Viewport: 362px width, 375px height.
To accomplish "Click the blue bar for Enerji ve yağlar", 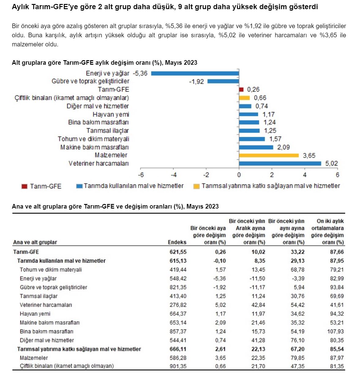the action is point(195,73).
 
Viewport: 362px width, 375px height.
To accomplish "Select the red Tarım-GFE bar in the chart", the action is point(241,89).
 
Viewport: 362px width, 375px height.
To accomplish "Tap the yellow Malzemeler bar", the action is point(269,155).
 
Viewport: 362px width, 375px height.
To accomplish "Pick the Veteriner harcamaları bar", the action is point(280,163).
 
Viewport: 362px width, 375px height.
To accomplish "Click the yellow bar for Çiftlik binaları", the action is point(244,98).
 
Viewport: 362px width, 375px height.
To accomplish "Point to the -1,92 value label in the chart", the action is point(196,82).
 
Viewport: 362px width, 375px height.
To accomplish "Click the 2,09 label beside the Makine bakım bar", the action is point(283,147).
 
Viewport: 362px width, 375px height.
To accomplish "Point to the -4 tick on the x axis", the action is point(174,175).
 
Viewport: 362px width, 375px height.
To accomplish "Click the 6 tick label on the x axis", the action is point(337,175).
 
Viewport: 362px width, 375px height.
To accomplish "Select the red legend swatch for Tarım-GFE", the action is point(24,186).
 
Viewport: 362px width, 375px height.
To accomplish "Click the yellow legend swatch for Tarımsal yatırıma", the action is point(196,186).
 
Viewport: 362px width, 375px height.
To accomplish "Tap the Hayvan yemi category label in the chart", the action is point(111,115).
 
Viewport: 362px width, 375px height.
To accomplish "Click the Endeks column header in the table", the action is point(177,242).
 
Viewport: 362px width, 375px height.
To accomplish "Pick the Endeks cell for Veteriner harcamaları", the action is point(178,305).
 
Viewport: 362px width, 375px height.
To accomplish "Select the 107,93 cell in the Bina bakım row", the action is point(336,331).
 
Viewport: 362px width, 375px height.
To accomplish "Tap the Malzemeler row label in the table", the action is point(34,358).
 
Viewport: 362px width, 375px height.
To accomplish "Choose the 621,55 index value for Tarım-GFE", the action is point(178,252).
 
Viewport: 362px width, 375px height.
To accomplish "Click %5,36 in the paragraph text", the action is point(174,26).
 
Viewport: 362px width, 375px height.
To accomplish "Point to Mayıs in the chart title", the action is point(173,63).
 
